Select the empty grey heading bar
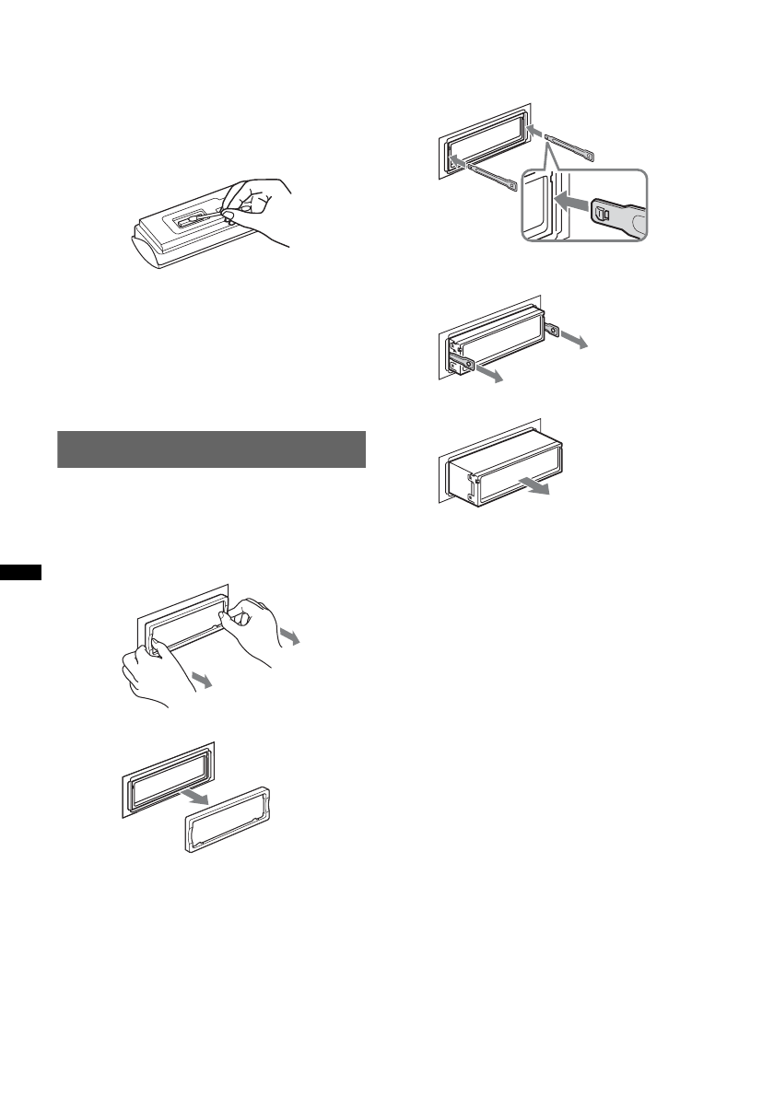point(212,449)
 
